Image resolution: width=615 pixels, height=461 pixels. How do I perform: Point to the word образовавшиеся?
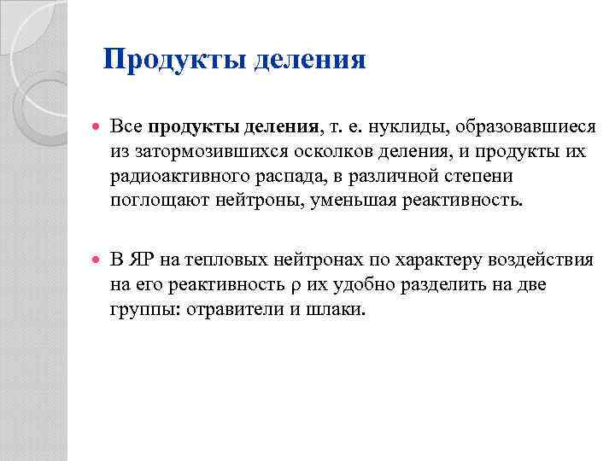[525, 129]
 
